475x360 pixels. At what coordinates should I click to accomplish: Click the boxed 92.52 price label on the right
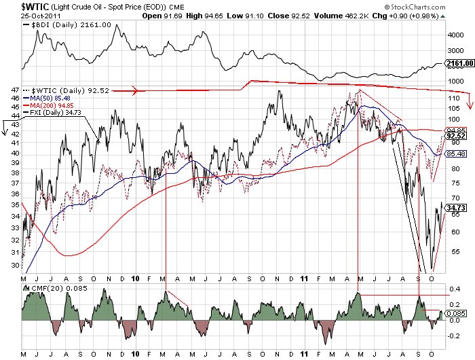(455, 136)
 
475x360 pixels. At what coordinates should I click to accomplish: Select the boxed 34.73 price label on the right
(455, 207)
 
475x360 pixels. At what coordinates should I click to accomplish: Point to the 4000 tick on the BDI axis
(454, 32)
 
